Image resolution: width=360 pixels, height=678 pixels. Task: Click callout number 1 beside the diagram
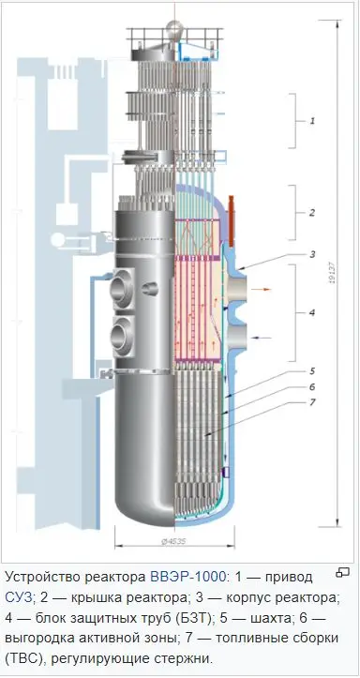coord(312,121)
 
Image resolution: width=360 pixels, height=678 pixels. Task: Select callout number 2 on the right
coord(312,212)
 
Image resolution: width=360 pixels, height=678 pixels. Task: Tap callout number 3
coord(312,254)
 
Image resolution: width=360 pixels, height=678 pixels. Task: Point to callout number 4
coord(312,312)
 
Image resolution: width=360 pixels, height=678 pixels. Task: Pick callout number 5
coord(312,371)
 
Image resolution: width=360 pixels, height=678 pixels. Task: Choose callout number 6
coord(312,386)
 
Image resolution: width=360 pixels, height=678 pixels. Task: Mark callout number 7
coord(312,402)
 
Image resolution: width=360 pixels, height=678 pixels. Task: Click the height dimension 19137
coord(332,274)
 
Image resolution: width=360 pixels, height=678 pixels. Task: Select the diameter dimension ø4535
coord(174,541)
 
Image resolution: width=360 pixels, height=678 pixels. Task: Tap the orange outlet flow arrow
coord(261,289)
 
